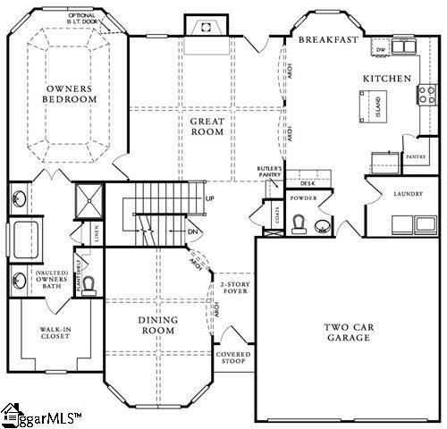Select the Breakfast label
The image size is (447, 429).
(328, 40)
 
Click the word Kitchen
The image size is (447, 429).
(386, 79)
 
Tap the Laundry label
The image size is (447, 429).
(407, 193)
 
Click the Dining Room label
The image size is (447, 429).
(157, 325)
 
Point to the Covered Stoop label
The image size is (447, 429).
(233, 358)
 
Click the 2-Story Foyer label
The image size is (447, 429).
(235, 288)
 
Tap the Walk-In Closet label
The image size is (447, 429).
(55, 334)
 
